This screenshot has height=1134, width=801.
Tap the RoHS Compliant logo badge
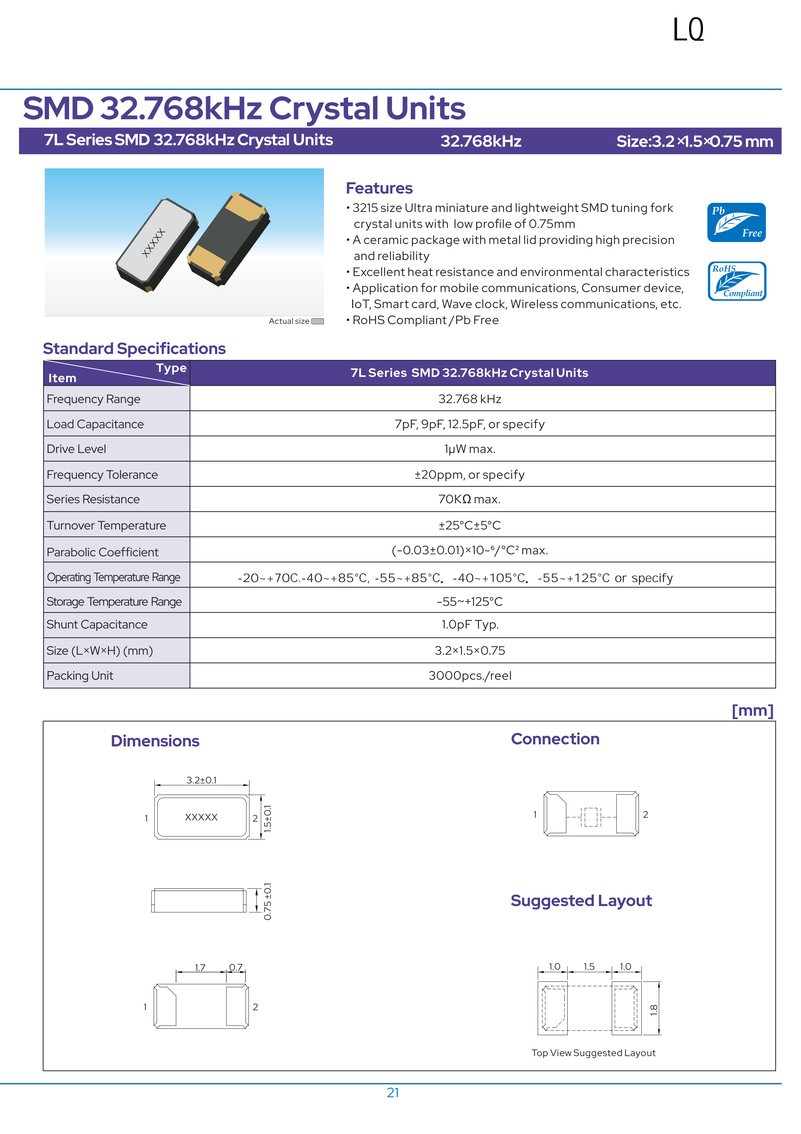[736, 281]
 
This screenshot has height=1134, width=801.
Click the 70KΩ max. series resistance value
[469, 499]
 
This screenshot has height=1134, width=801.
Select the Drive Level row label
[76, 449]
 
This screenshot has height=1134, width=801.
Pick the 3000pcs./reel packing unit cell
[469, 676]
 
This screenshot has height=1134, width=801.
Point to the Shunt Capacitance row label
[97, 625]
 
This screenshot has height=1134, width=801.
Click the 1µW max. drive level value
[469, 449]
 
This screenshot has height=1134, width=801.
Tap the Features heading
[379, 188]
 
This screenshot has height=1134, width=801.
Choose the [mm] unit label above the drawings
[752, 711]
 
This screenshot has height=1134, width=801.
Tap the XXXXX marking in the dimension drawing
[201, 817]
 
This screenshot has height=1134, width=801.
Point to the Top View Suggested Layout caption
[593, 1053]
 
